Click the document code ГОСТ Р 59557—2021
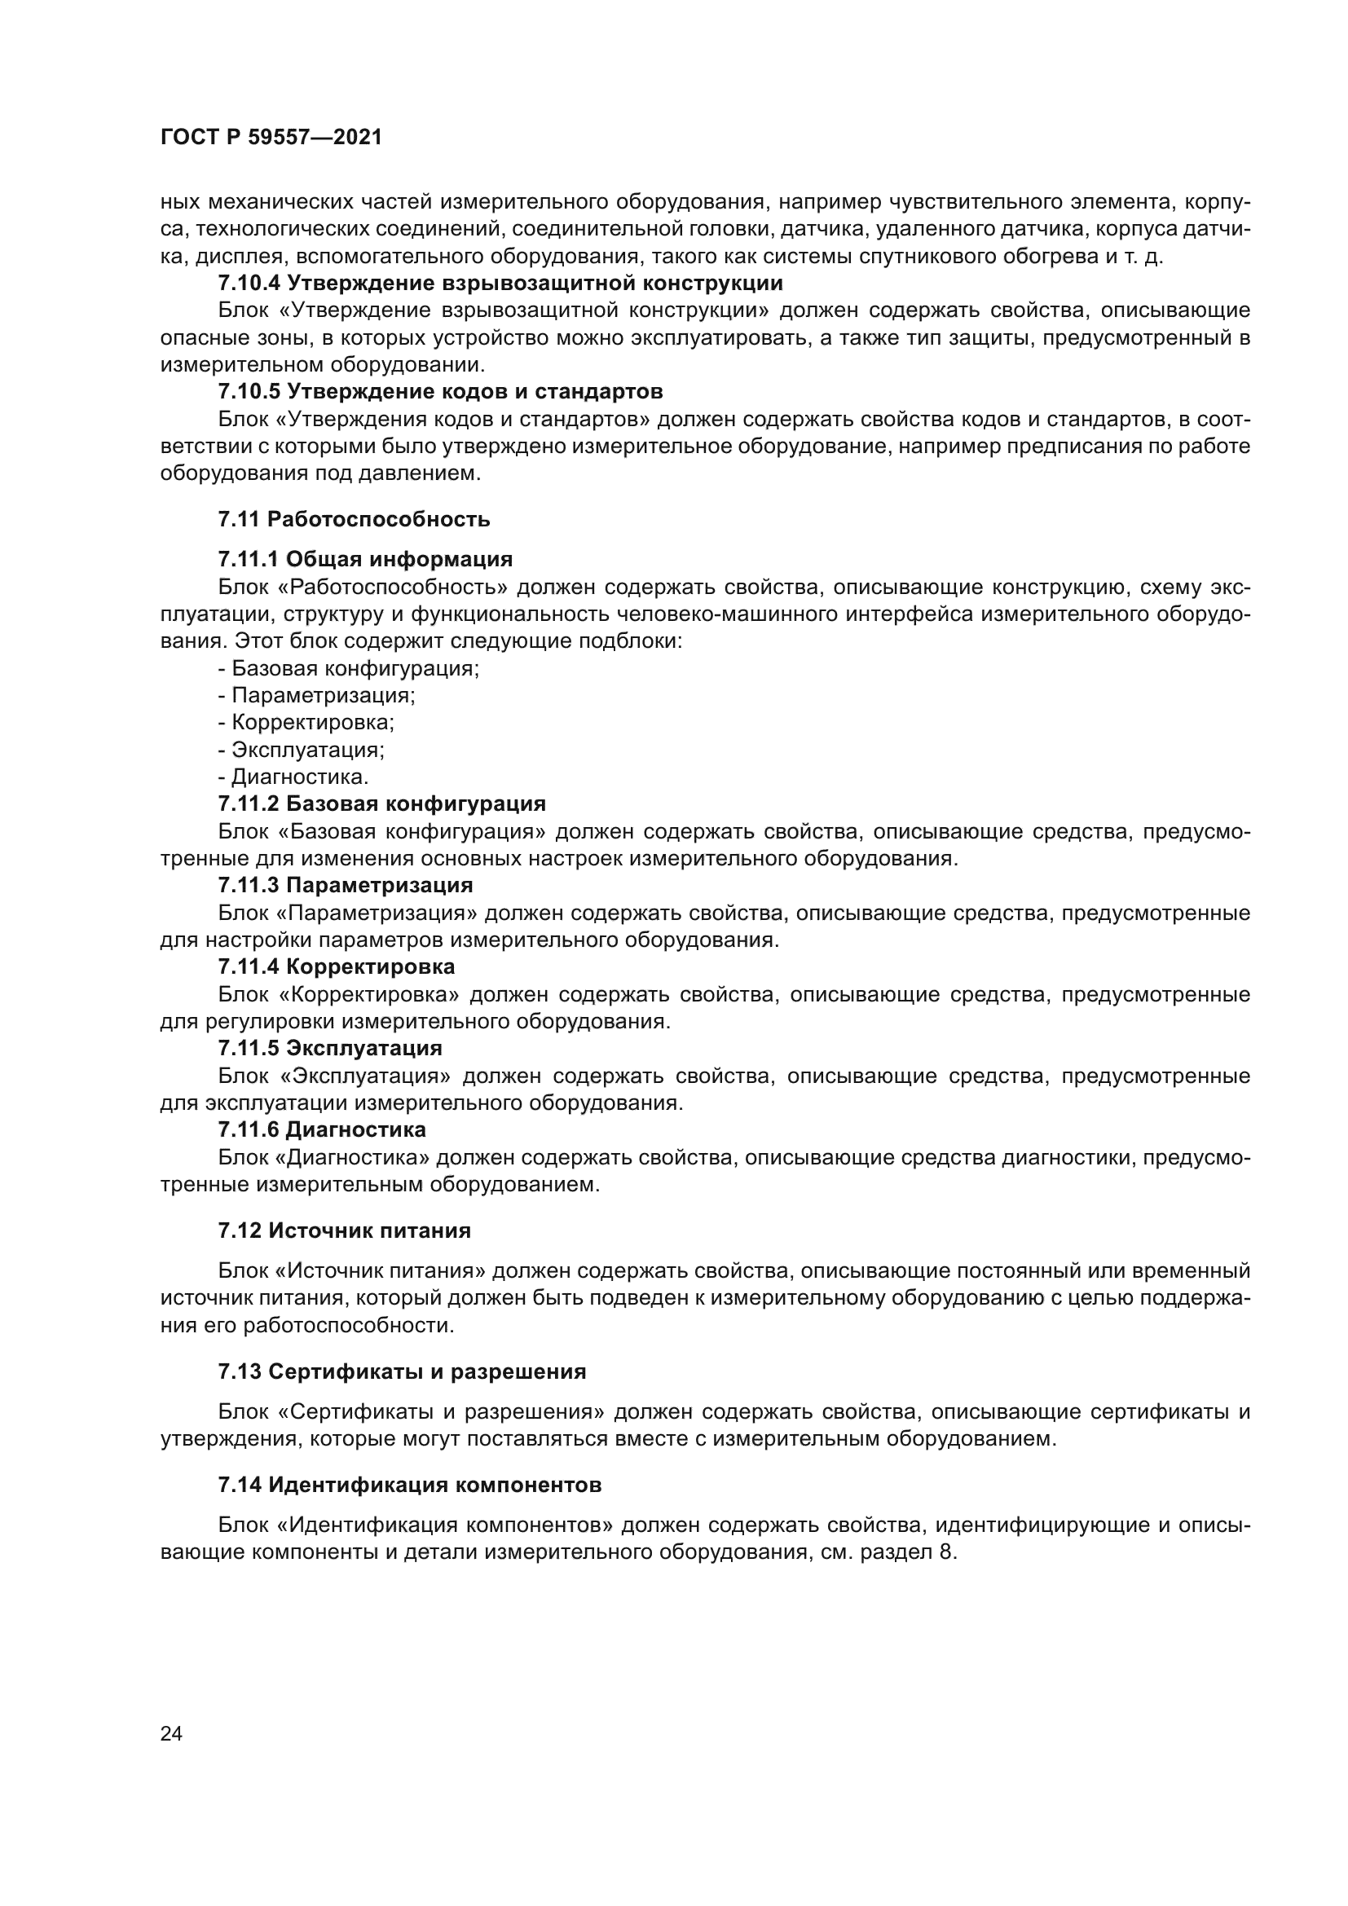click(271, 138)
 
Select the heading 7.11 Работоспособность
click(354, 520)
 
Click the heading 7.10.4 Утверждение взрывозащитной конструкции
click(500, 283)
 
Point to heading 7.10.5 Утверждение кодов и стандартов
click(440, 391)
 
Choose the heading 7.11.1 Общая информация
click(365, 559)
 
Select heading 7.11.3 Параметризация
click(346, 885)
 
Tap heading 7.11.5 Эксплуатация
click(329, 1048)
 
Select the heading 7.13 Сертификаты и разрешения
click(402, 1371)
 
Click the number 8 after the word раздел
click(944, 1552)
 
